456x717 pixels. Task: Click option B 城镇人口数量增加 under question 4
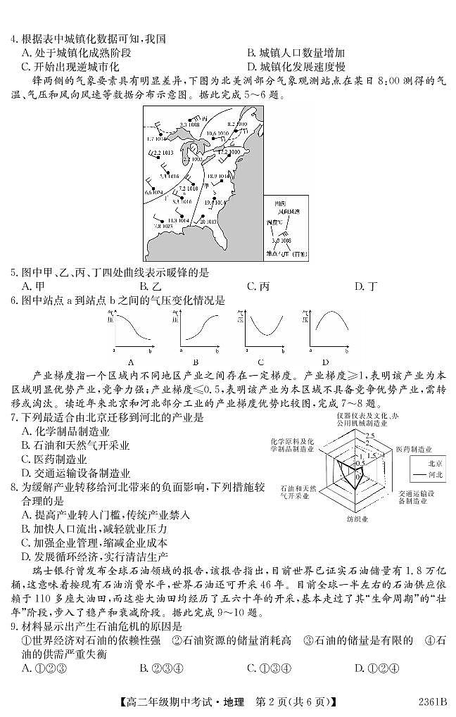296,53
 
